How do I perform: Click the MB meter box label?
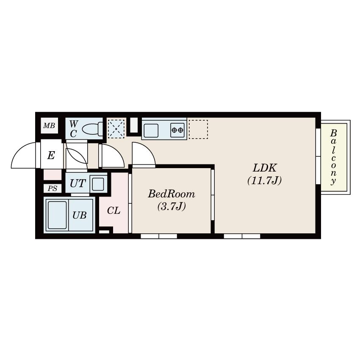click(49, 126)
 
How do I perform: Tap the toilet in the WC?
click(92, 129)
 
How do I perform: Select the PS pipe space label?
click(53, 188)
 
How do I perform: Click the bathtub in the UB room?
click(57, 215)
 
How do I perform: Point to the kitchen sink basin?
click(151, 130)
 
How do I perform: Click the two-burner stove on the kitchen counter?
click(177, 130)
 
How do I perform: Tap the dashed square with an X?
click(116, 129)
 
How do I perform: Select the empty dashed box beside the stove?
click(198, 129)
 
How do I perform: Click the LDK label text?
click(265, 168)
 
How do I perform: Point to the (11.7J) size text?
click(264, 180)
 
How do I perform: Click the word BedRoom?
click(172, 194)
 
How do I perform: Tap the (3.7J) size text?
click(172, 206)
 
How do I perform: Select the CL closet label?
click(114, 210)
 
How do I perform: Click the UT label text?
click(78, 183)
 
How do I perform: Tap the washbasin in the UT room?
click(98, 184)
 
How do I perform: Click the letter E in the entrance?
click(51, 155)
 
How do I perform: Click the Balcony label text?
click(333, 157)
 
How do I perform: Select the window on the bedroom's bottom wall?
click(159, 236)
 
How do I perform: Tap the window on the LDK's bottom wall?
click(242, 236)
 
